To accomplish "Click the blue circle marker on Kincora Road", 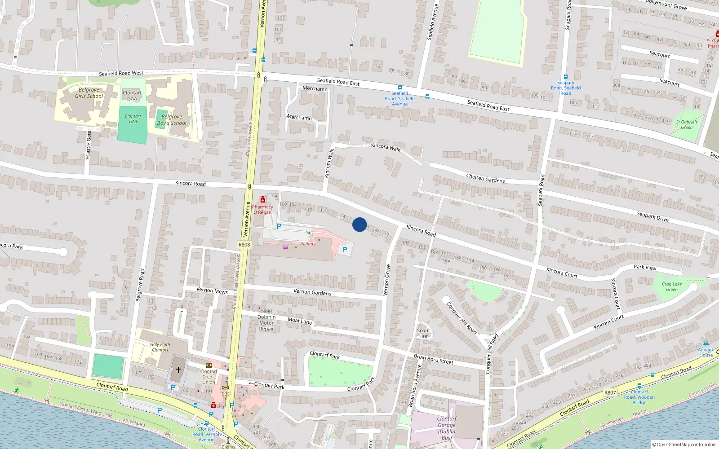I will pyautogui.click(x=359, y=224).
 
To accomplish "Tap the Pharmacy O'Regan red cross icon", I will pyautogui.click(x=263, y=200).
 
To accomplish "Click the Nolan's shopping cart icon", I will pyautogui.click(x=285, y=246).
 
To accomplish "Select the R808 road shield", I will pyautogui.click(x=244, y=245).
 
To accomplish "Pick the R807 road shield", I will pyautogui.click(x=610, y=392).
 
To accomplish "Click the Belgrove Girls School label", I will pyautogui.click(x=89, y=93).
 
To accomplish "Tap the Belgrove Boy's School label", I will pyautogui.click(x=172, y=120).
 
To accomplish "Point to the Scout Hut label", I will pyautogui.click(x=423, y=333).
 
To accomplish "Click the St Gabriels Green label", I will pyautogui.click(x=687, y=124).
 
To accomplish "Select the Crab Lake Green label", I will pyautogui.click(x=672, y=286).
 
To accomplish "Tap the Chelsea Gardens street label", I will pyautogui.click(x=485, y=178).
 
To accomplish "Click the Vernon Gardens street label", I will pyautogui.click(x=312, y=292).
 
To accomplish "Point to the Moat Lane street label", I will pyautogui.click(x=300, y=321).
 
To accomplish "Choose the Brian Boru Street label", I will pyautogui.click(x=433, y=359).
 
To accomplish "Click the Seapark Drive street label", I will pyautogui.click(x=652, y=216).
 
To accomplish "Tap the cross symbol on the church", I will pyautogui.click(x=178, y=370).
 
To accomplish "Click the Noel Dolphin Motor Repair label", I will pyautogui.click(x=266, y=320).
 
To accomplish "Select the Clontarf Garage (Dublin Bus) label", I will pyautogui.click(x=446, y=428).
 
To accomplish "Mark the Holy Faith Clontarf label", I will pyautogui.click(x=160, y=347).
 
